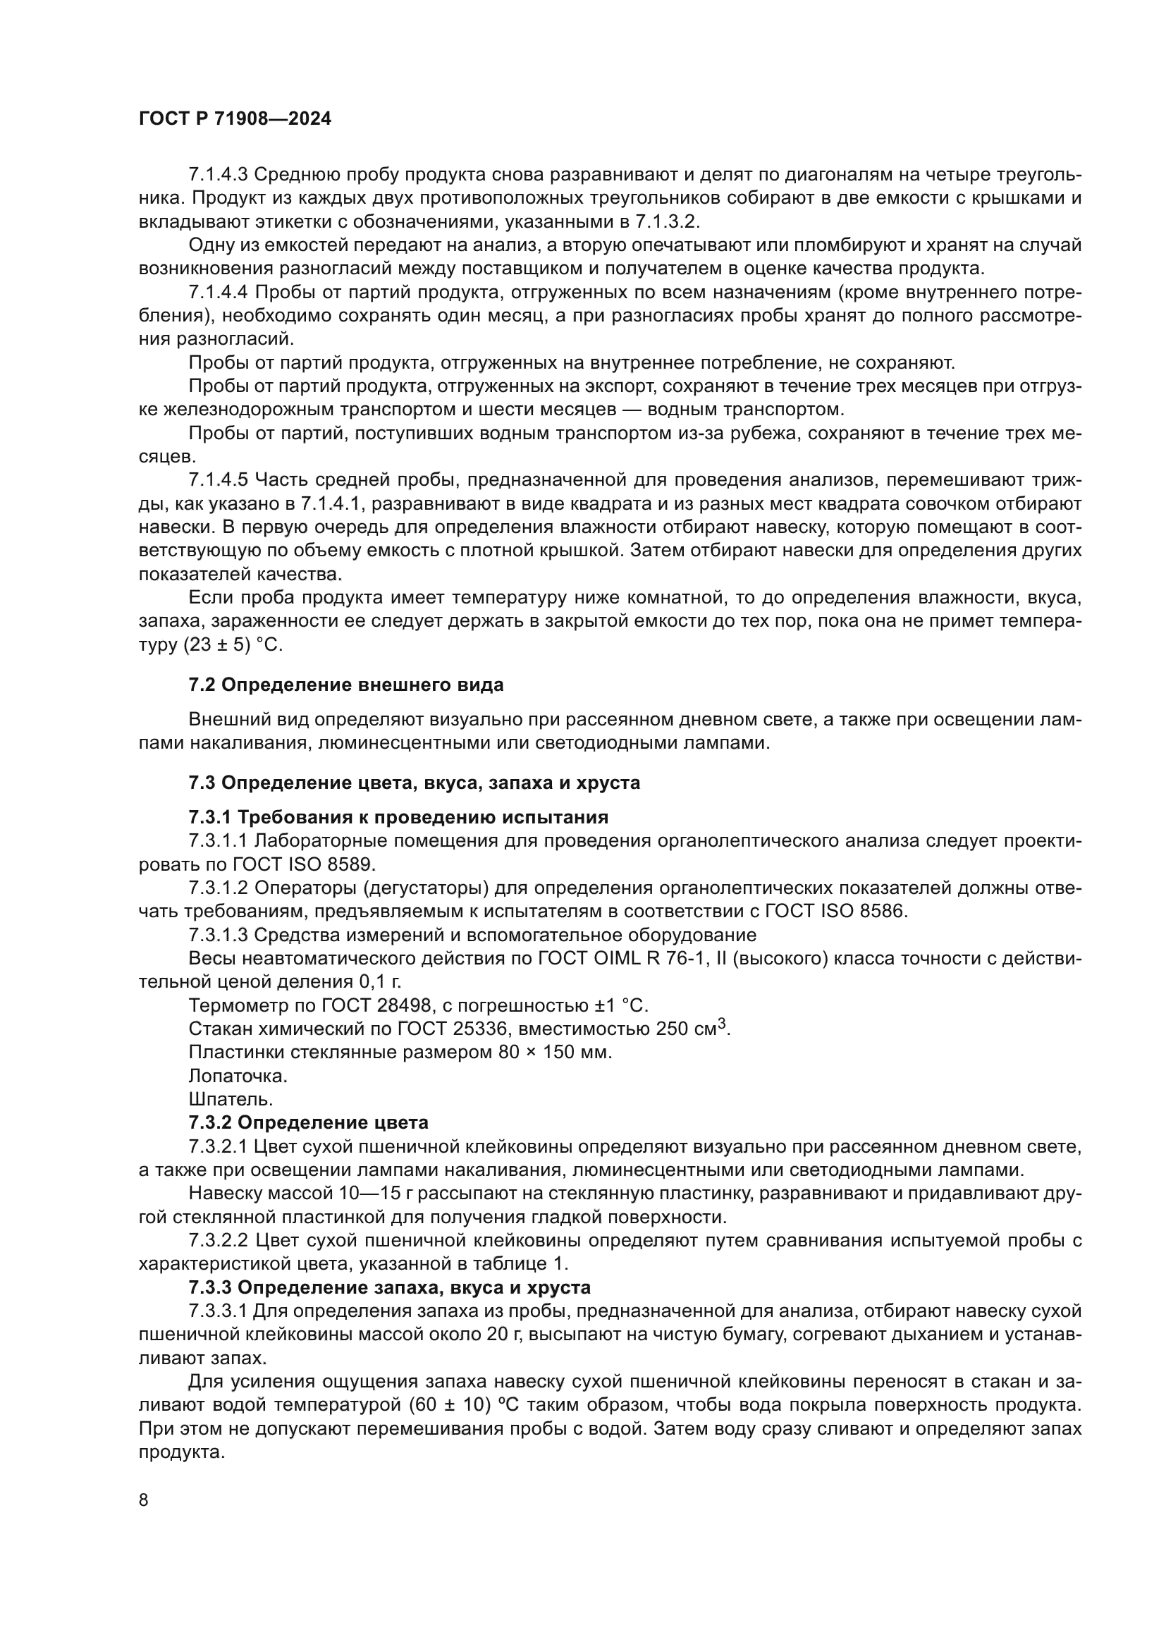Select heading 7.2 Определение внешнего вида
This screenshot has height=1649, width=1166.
click(x=345, y=685)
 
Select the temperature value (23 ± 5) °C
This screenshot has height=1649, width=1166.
click(x=233, y=644)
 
